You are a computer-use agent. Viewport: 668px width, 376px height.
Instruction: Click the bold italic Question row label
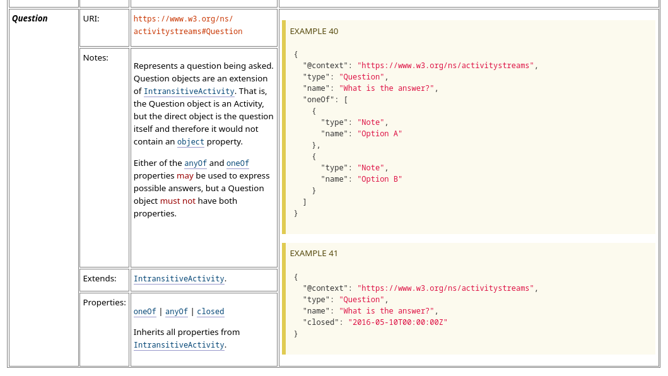point(30,19)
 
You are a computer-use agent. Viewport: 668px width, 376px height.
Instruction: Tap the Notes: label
point(96,57)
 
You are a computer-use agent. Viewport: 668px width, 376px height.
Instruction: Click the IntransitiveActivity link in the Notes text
point(189,91)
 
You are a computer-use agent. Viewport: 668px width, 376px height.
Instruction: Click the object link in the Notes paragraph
point(190,141)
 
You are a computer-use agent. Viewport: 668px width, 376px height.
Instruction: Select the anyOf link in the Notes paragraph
point(196,163)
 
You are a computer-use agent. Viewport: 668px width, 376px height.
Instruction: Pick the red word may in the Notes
point(185,175)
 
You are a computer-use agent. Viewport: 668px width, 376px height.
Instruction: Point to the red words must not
point(178,201)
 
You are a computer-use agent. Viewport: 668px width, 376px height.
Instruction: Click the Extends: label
point(100,278)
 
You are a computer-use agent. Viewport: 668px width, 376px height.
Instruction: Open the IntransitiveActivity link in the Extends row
point(179,279)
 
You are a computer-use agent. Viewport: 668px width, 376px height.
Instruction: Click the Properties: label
point(104,302)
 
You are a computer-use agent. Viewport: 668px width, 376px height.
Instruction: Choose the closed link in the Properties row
point(211,312)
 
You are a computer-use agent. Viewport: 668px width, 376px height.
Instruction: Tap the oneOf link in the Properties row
point(145,312)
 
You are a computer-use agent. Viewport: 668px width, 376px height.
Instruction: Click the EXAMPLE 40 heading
point(314,31)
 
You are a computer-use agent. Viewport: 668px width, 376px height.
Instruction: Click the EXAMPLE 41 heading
point(313,253)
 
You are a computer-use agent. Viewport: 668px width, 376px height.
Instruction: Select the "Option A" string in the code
point(380,134)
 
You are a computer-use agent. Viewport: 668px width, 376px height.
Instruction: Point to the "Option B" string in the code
point(380,179)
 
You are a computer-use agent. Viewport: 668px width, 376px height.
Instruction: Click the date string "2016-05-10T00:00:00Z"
point(398,322)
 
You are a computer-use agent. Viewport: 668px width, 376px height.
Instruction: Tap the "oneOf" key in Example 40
point(319,99)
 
